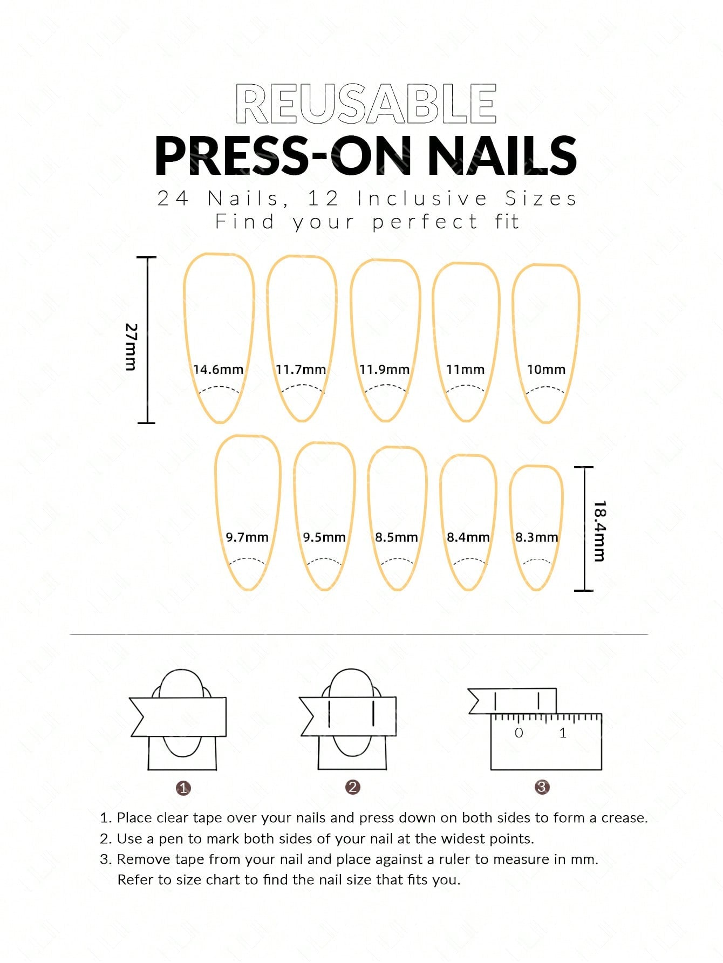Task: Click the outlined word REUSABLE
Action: pos(366,104)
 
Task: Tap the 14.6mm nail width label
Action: pos(219,370)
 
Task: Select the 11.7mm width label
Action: pos(301,370)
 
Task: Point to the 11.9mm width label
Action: pos(385,370)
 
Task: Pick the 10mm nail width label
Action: pos(546,370)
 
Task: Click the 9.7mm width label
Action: pos(247,537)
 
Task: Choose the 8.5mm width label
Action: pos(397,537)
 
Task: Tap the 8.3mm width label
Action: pos(537,537)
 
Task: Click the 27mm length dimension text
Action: pos(131,346)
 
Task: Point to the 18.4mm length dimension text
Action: pos(599,531)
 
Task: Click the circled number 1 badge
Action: pos(183,788)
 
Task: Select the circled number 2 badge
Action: pos(352,787)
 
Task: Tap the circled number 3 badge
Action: pos(542,787)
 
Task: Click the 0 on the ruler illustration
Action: pos(519,733)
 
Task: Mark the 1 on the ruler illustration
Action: pos(563,733)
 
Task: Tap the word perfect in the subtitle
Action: pos(425,222)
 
